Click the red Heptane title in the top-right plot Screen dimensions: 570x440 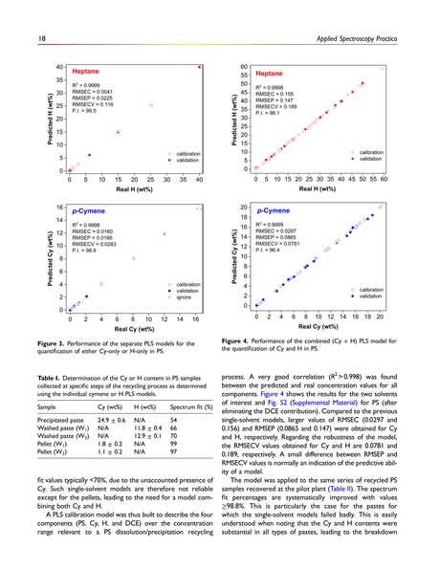(272, 73)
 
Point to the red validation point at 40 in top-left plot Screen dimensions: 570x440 (199, 67)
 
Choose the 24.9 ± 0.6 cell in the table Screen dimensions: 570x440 (113, 419)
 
